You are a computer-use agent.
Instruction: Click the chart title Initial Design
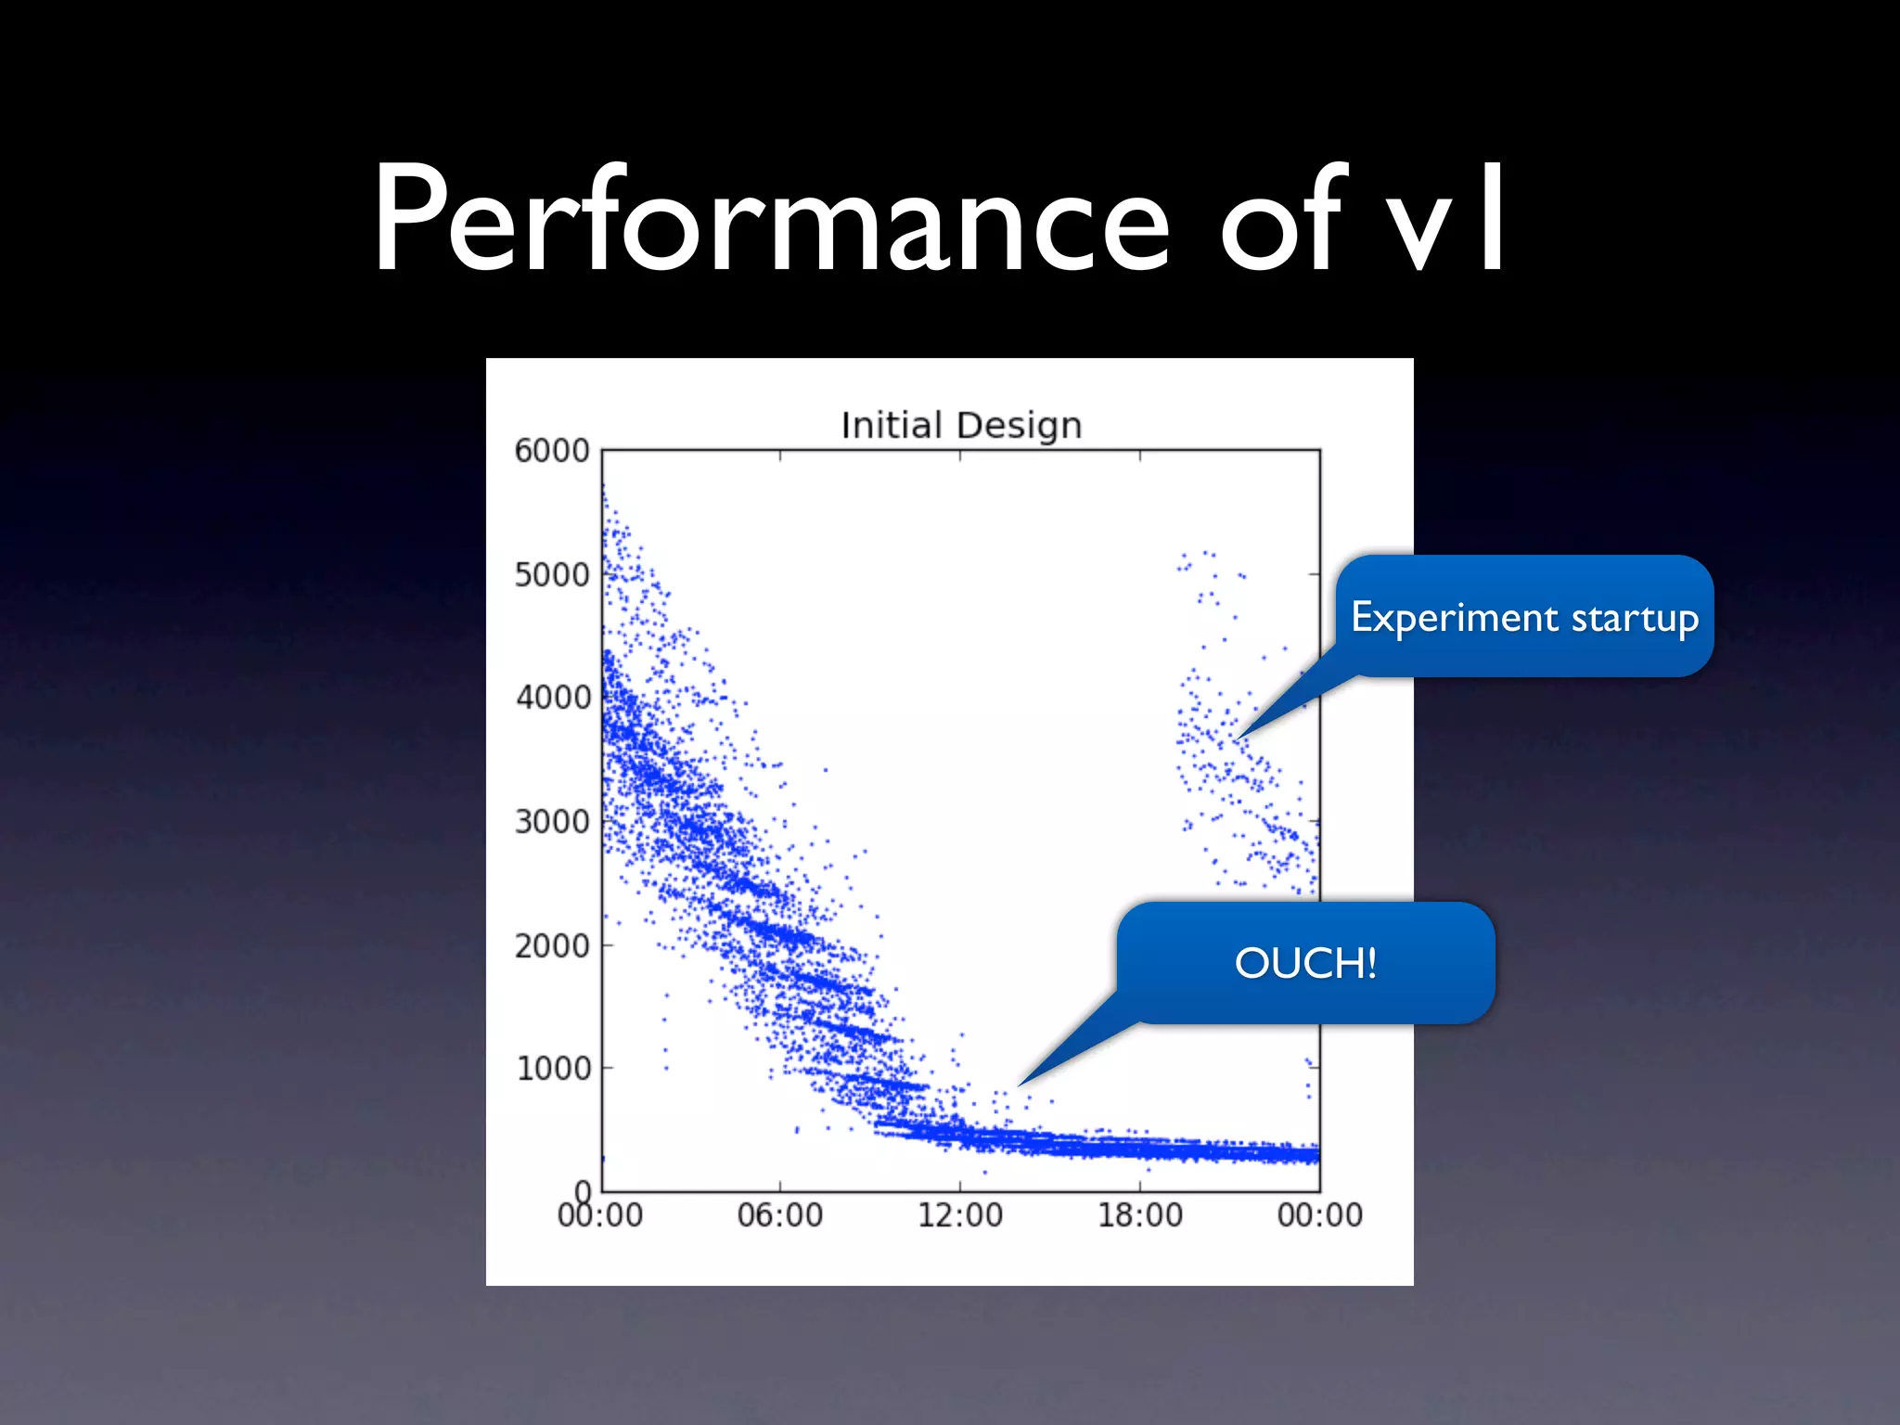pos(961,425)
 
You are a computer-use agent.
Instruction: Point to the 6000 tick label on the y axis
pos(552,451)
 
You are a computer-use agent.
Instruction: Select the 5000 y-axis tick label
pos(552,575)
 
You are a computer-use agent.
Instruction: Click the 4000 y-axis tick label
pos(552,698)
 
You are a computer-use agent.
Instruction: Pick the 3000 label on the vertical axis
pos(552,822)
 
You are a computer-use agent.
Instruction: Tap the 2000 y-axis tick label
pos(552,946)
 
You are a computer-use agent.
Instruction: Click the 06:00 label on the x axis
pos(779,1215)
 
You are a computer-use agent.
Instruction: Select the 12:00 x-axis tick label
pos(960,1215)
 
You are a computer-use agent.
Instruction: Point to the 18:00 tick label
pos(1140,1215)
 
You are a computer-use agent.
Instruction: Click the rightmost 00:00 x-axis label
pos(1319,1215)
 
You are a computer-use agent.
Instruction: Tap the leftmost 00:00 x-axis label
pos(600,1215)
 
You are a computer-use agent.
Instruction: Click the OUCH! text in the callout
pos(1305,963)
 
